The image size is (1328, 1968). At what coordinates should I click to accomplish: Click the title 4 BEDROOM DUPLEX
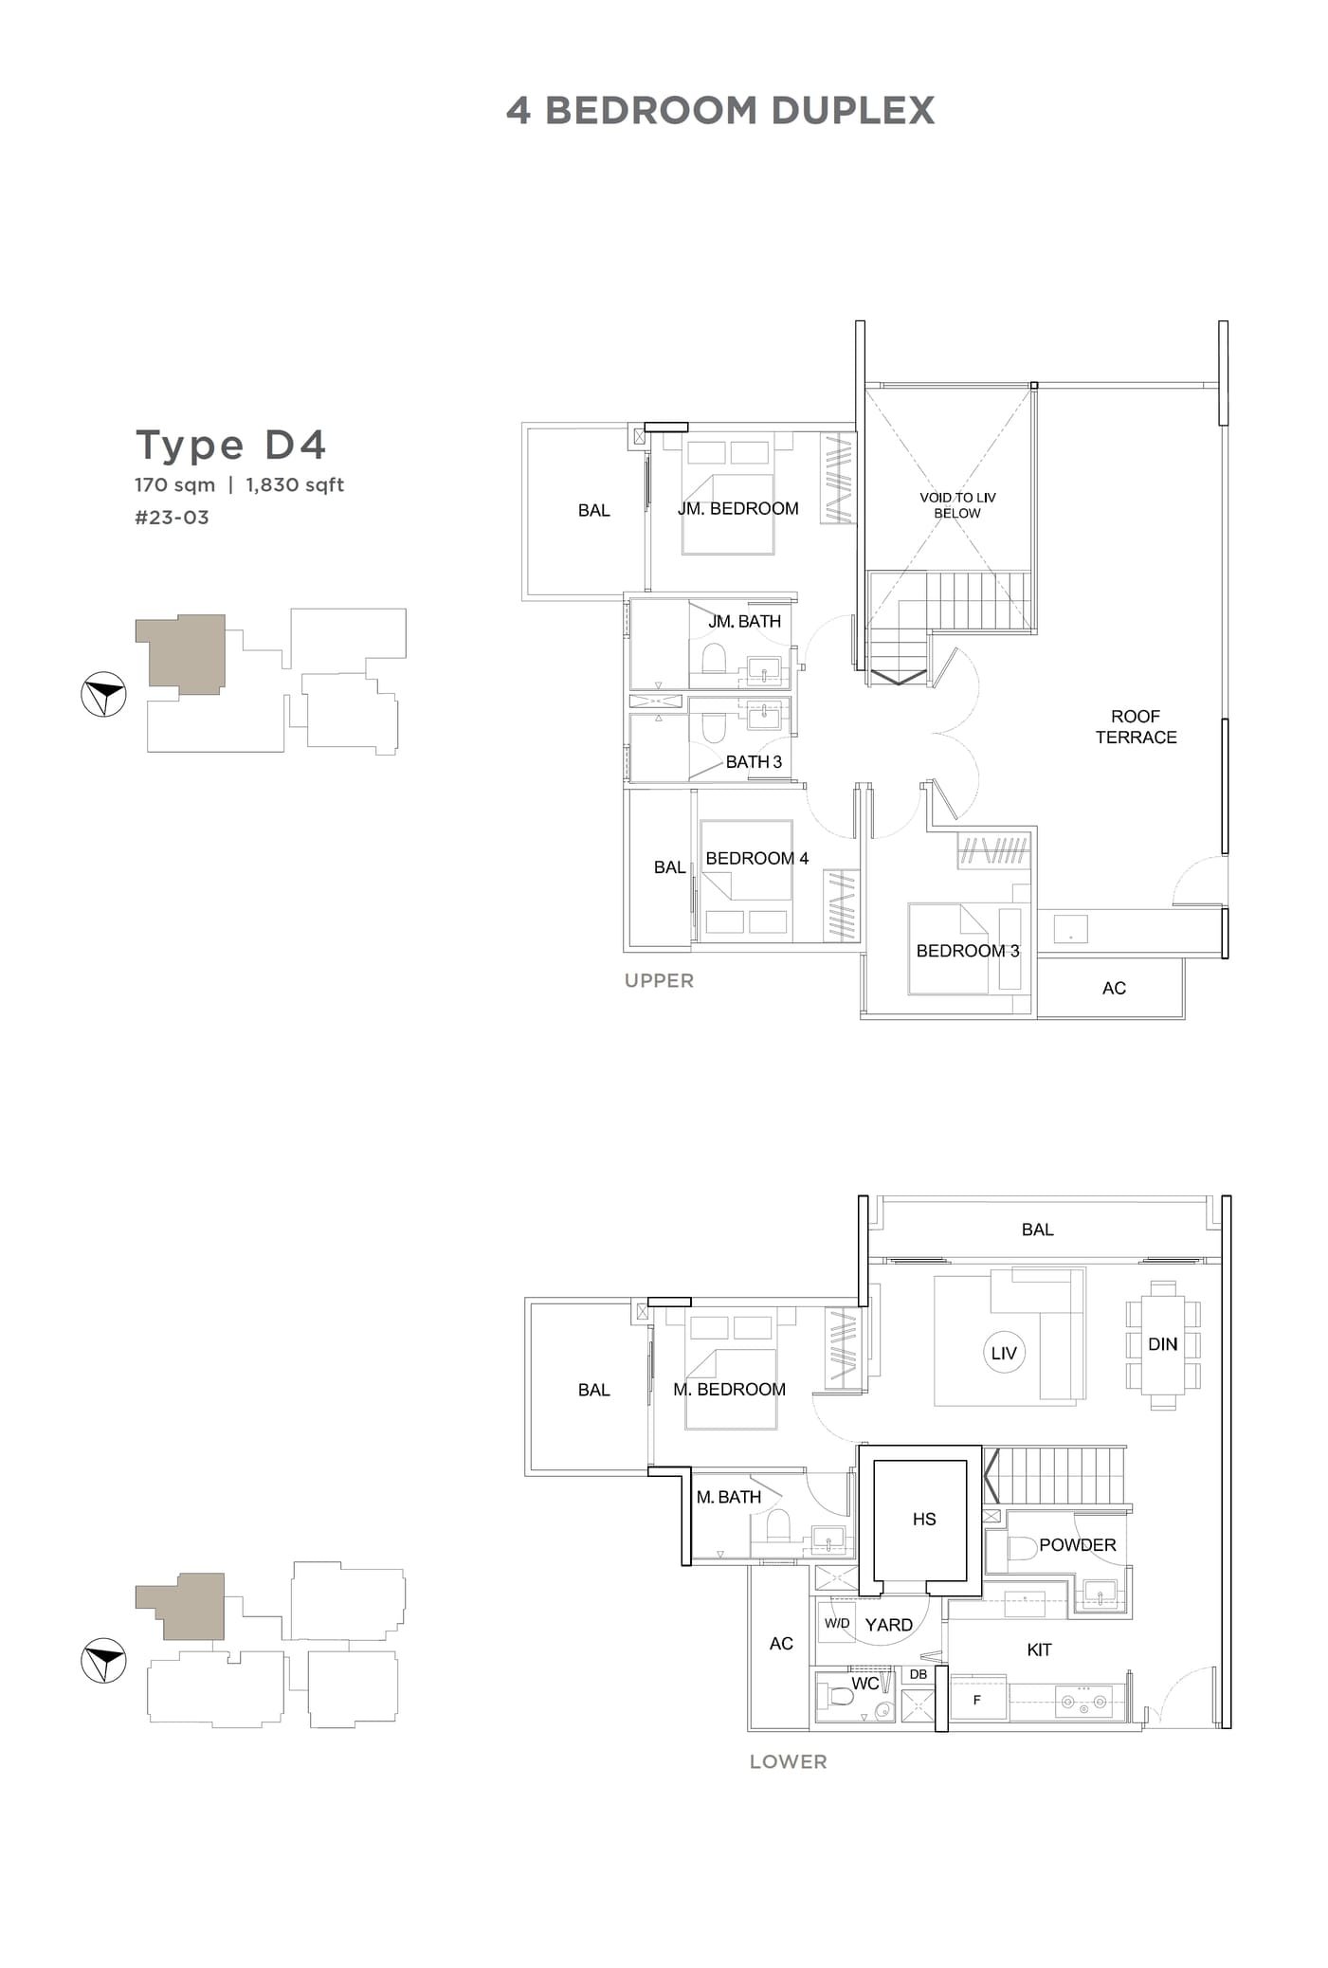coord(719,111)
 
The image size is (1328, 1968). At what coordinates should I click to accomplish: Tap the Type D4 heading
coord(231,445)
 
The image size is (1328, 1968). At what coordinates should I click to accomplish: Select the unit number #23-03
coord(172,518)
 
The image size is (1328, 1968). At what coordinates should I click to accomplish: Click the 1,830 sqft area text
coord(295,485)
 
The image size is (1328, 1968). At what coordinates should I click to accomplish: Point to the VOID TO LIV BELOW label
coord(957,505)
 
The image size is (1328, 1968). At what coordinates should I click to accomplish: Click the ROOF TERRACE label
coord(1136,727)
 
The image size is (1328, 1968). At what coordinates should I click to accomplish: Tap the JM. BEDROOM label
coord(737,509)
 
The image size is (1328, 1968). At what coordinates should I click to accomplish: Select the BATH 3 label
coord(754,762)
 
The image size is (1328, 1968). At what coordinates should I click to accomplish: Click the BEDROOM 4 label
coord(756,859)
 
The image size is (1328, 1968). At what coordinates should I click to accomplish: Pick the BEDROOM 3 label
coord(967,951)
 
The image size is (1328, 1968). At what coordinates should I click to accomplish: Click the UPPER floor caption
coord(659,981)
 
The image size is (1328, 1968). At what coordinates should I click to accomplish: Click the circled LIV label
coord(1003,1354)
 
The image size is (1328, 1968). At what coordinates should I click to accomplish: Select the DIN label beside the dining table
coord(1162,1344)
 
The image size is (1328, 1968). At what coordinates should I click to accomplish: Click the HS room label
coord(924,1520)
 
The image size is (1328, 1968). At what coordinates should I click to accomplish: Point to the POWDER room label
coord(1077,1545)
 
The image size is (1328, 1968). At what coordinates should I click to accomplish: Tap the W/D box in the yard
coord(837,1624)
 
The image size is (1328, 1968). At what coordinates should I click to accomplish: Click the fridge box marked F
coord(977,1701)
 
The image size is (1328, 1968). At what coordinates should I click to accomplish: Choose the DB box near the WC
coord(918,1675)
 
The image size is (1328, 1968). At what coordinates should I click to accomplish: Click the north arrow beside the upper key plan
coord(103,695)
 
